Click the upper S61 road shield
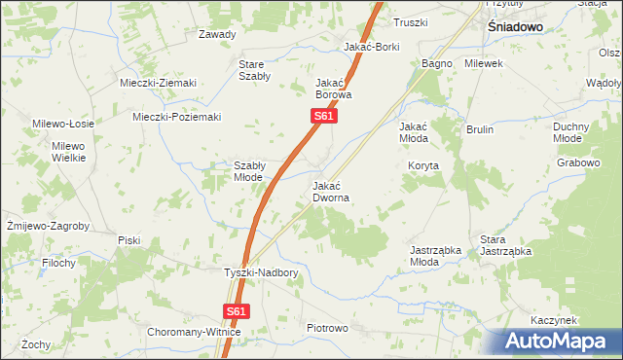click(325, 117)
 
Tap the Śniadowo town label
click(514, 28)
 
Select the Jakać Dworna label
click(331, 191)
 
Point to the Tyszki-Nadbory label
click(261, 273)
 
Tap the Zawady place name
click(217, 34)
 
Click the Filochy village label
click(59, 263)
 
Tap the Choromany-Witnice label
click(194, 332)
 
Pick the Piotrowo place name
click(327, 329)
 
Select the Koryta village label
click(423, 165)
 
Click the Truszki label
click(410, 21)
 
